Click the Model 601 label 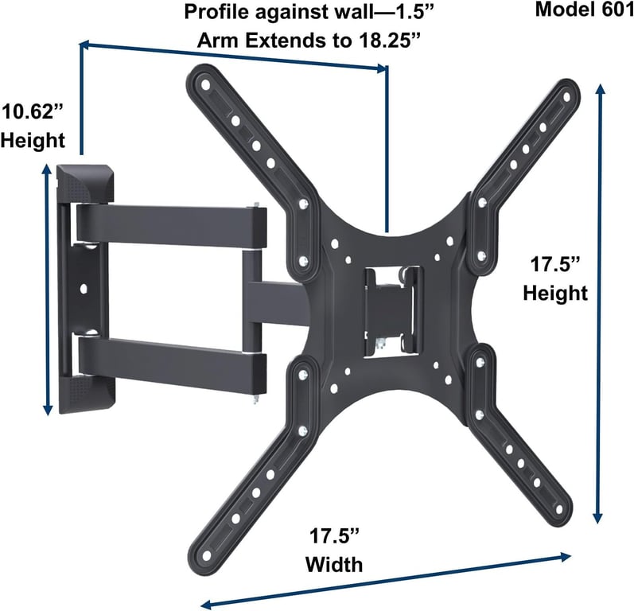(584, 10)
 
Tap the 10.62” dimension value (33, 111)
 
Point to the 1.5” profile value (410, 12)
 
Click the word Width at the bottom (334, 565)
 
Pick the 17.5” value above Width (334, 536)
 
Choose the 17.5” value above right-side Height (555, 264)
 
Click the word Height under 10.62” (33, 140)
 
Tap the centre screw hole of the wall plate (84, 289)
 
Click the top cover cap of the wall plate (86, 183)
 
